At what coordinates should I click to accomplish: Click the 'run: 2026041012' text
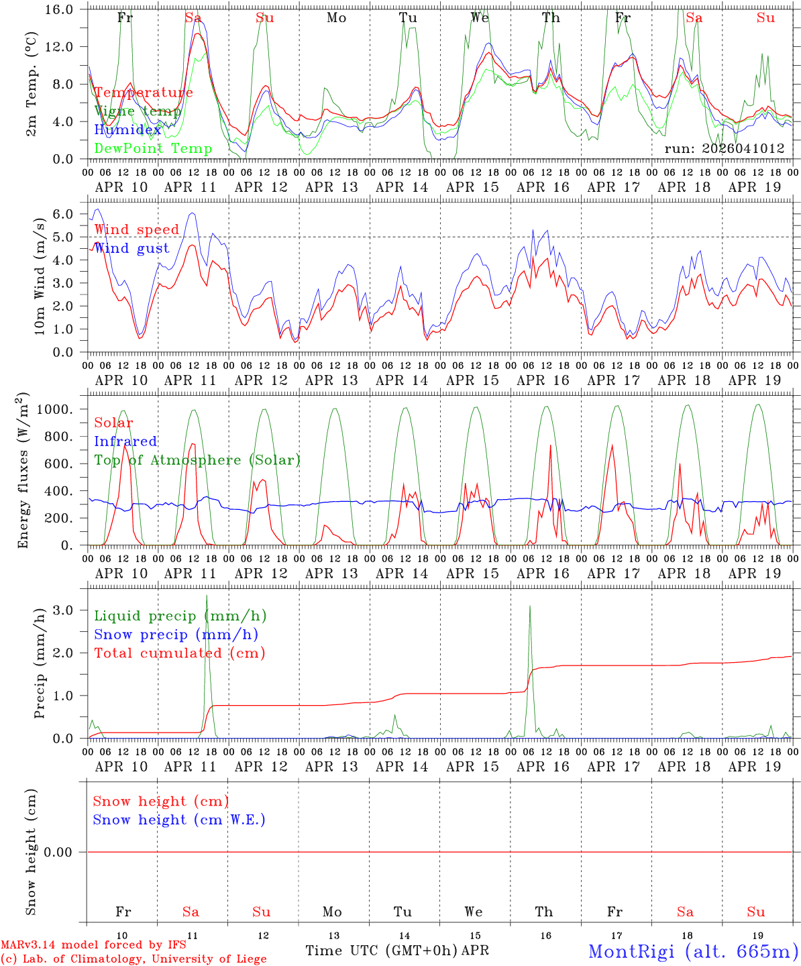[x=724, y=148]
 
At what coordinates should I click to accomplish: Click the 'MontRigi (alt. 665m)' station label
[x=694, y=951]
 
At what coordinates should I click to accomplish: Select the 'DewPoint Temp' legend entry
[x=153, y=148]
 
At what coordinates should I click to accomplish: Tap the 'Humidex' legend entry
[x=127, y=129]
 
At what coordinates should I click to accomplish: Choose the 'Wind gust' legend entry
[x=131, y=248]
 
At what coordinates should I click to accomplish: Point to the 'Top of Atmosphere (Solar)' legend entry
[x=197, y=460]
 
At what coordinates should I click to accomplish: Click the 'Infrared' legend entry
[x=125, y=441]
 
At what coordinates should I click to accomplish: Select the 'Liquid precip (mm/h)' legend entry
[x=180, y=616]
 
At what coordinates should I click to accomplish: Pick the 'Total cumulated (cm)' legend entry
[x=179, y=653]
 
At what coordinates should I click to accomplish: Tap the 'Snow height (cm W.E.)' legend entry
[x=179, y=820]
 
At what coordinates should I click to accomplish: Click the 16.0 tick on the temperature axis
[x=64, y=9]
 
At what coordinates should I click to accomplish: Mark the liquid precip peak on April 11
[x=207, y=596]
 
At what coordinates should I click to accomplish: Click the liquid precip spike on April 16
[x=530, y=606]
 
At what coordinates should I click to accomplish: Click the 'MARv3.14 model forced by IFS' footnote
[x=93, y=945]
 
